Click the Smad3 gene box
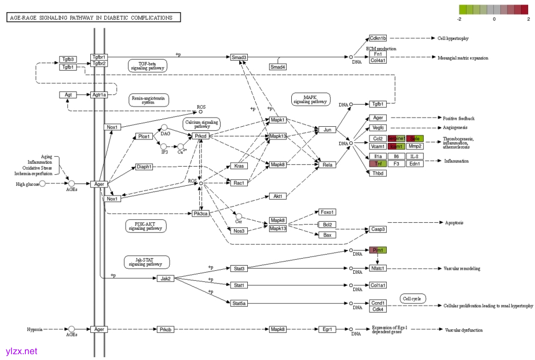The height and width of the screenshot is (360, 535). coord(239,57)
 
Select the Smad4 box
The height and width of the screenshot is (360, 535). coord(278,67)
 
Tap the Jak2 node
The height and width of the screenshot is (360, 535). coord(166,278)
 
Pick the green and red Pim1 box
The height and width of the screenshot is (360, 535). coord(378,250)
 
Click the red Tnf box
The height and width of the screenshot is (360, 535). coord(378,164)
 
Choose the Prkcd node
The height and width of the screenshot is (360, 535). coord(200,136)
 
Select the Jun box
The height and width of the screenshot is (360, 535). coord(327,129)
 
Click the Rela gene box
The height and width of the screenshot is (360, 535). coord(327,165)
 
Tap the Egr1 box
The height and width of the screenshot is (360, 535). coord(327,329)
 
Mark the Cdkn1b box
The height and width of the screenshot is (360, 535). coord(378,38)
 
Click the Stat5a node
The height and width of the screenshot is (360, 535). coord(239,303)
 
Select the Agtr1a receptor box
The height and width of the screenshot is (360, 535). coord(99,94)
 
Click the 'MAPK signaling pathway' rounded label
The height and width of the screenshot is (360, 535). coord(310,99)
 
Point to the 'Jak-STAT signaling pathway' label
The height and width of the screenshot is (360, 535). coord(146,262)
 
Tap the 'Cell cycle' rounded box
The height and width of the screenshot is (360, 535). coord(413,299)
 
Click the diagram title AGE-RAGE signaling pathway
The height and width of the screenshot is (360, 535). coord(94,18)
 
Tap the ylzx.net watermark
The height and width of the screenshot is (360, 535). coord(21,351)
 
